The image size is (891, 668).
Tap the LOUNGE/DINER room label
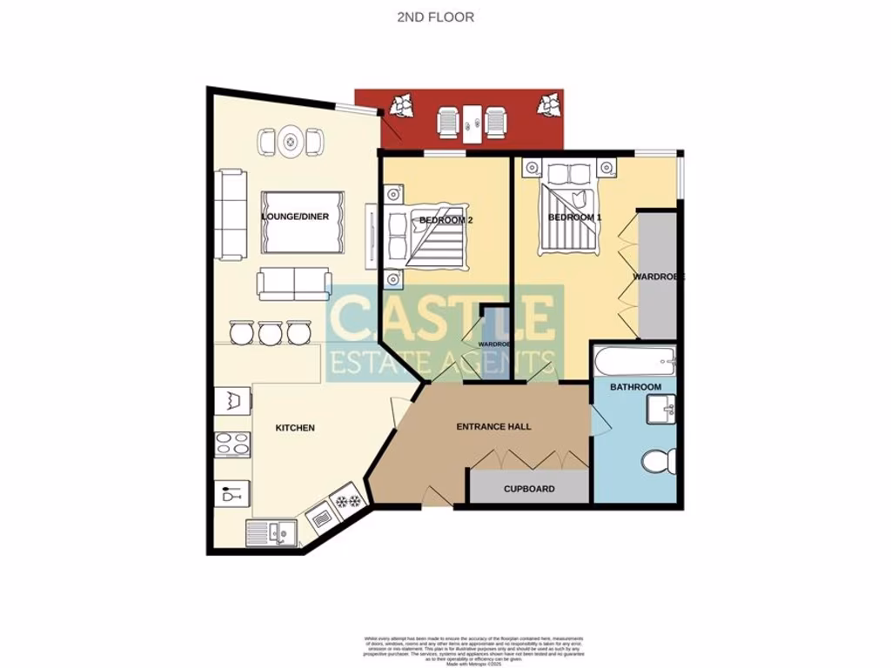296,217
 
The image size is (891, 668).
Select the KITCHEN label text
295,428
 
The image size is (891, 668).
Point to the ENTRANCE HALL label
494,427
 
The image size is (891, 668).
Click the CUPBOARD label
529,489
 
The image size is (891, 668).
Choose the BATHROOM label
635,386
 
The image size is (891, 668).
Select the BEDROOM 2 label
445,220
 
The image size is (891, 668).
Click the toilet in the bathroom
655,461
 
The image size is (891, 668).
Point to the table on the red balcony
472,124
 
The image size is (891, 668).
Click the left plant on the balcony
402,107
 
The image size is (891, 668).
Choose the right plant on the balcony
549,105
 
